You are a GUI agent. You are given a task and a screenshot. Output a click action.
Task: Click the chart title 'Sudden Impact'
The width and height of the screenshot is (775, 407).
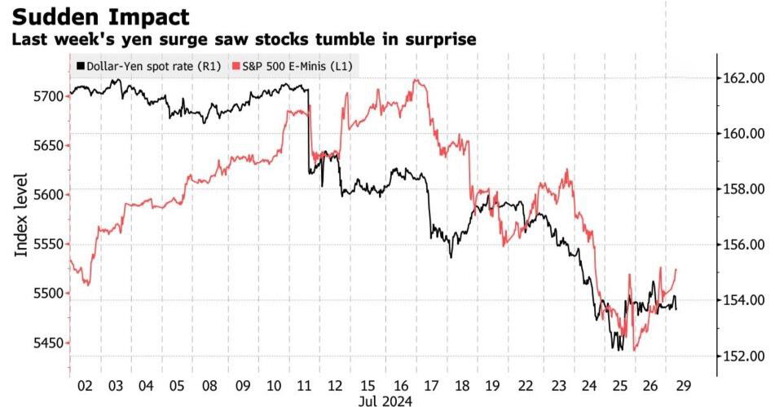pyautogui.click(x=100, y=17)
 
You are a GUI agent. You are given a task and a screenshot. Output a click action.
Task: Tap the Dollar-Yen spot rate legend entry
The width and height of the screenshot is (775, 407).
pyautogui.click(x=149, y=66)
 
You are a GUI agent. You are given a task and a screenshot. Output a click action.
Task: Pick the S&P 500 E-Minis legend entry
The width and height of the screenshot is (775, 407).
pyautogui.click(x=293, y=66)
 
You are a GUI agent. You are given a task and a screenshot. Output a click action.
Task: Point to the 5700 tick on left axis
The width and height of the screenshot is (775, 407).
pyautogui.click(x=48, y=96)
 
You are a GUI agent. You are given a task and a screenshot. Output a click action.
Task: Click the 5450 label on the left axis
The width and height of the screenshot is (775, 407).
pyautogui.click(x=48, y=343)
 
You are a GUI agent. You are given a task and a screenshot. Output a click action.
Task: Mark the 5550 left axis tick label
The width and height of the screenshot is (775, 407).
pyautogui.click(x=48, y=245)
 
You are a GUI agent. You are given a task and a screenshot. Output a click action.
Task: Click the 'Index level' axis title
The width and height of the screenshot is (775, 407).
pyautogui.click(x=20, y=215)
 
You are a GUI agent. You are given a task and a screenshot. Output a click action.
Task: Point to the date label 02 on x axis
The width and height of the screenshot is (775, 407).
pyautogui.click(x=85, y=385)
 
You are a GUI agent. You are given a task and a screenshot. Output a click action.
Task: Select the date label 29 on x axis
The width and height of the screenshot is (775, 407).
pyautogui.click(x=683, y=385)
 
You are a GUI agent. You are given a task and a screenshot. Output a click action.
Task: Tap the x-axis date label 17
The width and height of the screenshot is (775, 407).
pyautogui.click(x=431, y=385)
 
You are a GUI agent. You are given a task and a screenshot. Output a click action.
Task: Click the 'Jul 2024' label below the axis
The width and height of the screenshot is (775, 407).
pyautogui.click(x=385, y=400)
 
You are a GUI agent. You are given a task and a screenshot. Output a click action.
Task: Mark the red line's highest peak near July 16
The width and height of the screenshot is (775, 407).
pyautogui.click(x=416, y=79)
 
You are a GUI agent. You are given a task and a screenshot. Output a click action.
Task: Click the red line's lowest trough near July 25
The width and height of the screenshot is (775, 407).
pyautogui.click(x=634, y=350)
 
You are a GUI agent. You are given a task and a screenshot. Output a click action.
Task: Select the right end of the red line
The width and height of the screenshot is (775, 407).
pyautogui.click(x=676, y=269)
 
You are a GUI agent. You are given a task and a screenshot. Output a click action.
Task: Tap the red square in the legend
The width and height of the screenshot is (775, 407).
pyautogui.click(x=236, y=66)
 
